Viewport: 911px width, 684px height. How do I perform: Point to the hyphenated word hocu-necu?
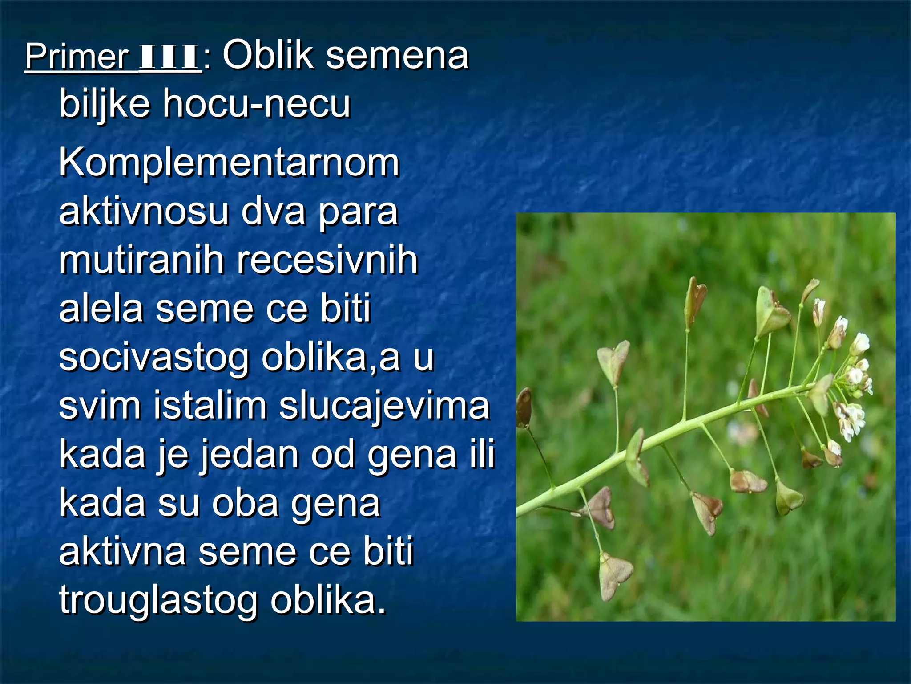[x=257, y=103]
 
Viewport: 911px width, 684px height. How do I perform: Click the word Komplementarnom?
[x=229, y=163]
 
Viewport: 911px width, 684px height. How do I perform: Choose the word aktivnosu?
[x=144, y=212]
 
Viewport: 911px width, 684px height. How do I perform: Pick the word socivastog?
[x=153, y=358]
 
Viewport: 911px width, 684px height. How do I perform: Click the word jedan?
[x=249, y=455]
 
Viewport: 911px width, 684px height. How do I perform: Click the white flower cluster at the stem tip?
[x=852, y=379]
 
